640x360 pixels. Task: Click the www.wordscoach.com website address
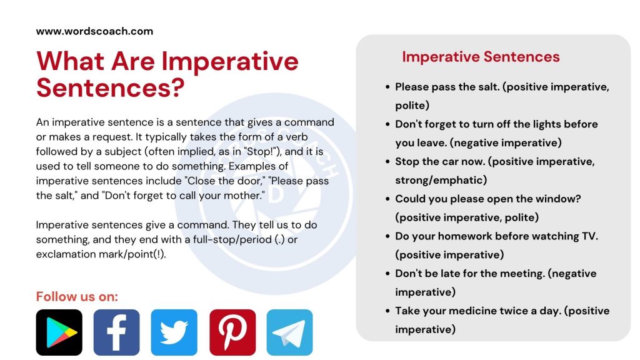coord(94,31)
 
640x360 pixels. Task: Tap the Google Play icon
coord(59,332)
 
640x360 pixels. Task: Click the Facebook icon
coord(116,332)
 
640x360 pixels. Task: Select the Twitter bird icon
coord(174,332)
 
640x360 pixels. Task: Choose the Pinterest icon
coord(232,332)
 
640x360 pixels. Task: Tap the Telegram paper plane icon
coord(289,332)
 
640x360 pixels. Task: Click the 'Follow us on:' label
coord(77,296)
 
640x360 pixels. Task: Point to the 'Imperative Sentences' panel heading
coord(481,57)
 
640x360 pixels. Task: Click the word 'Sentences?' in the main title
coord(111,88)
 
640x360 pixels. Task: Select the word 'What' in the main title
coord(69,62)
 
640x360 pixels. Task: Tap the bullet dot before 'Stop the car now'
coord(389,162)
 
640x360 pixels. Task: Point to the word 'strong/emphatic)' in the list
coord(441,180)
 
